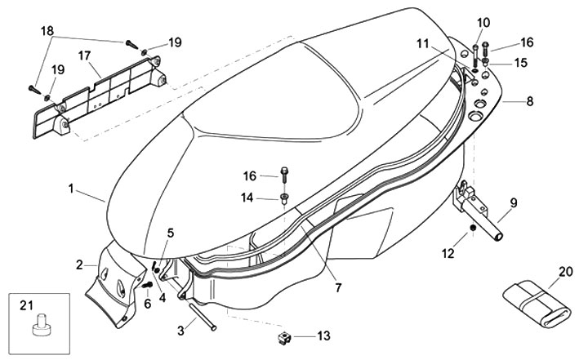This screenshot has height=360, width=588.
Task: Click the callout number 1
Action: [72, 189]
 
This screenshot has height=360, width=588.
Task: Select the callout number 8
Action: [530, 102]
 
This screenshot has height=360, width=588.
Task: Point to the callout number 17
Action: [84, 56]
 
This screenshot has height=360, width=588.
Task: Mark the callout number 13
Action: [323, 336]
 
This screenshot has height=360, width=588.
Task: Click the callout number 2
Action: [80, 264]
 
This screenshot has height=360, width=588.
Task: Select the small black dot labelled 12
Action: [472, 232]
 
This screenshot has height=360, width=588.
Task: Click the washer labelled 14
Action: [283, 198]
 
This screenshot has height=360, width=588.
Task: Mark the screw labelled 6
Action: [147, 287]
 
